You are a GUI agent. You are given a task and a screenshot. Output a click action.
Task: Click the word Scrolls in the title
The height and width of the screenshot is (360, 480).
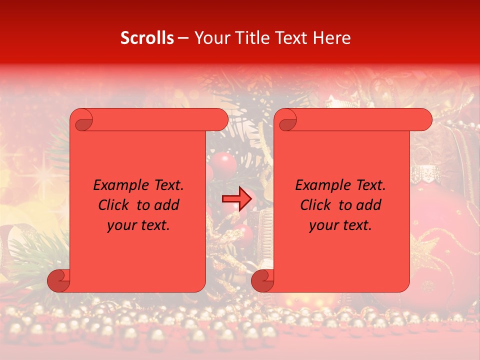147,38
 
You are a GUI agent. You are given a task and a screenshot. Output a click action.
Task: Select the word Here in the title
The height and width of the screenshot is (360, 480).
332,38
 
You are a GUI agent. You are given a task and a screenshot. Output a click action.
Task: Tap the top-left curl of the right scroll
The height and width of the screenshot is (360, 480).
287,120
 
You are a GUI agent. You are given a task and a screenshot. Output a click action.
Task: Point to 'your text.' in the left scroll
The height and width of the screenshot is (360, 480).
138,225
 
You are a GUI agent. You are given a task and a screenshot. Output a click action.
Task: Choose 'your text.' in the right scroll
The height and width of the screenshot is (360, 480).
340,225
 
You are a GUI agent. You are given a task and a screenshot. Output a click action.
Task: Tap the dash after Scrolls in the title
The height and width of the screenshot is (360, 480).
183,38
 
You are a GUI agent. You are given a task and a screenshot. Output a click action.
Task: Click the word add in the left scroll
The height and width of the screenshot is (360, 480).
167,205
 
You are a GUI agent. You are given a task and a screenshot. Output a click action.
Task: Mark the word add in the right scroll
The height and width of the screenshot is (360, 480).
369,205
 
